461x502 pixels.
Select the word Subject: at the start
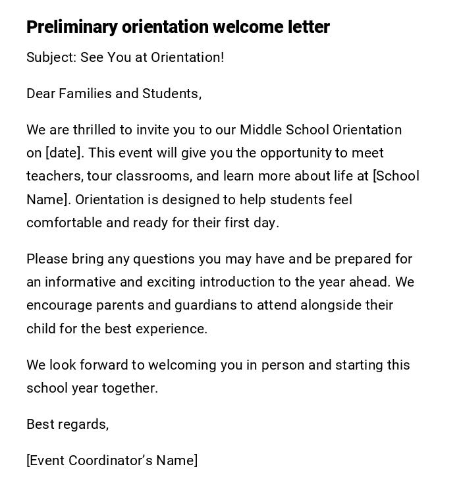click(x=51, y=57)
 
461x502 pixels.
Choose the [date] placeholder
click(x=65, y=153)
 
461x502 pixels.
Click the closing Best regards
click(x=67, y=424)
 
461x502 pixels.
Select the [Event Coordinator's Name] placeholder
click(x=112, y=460)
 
